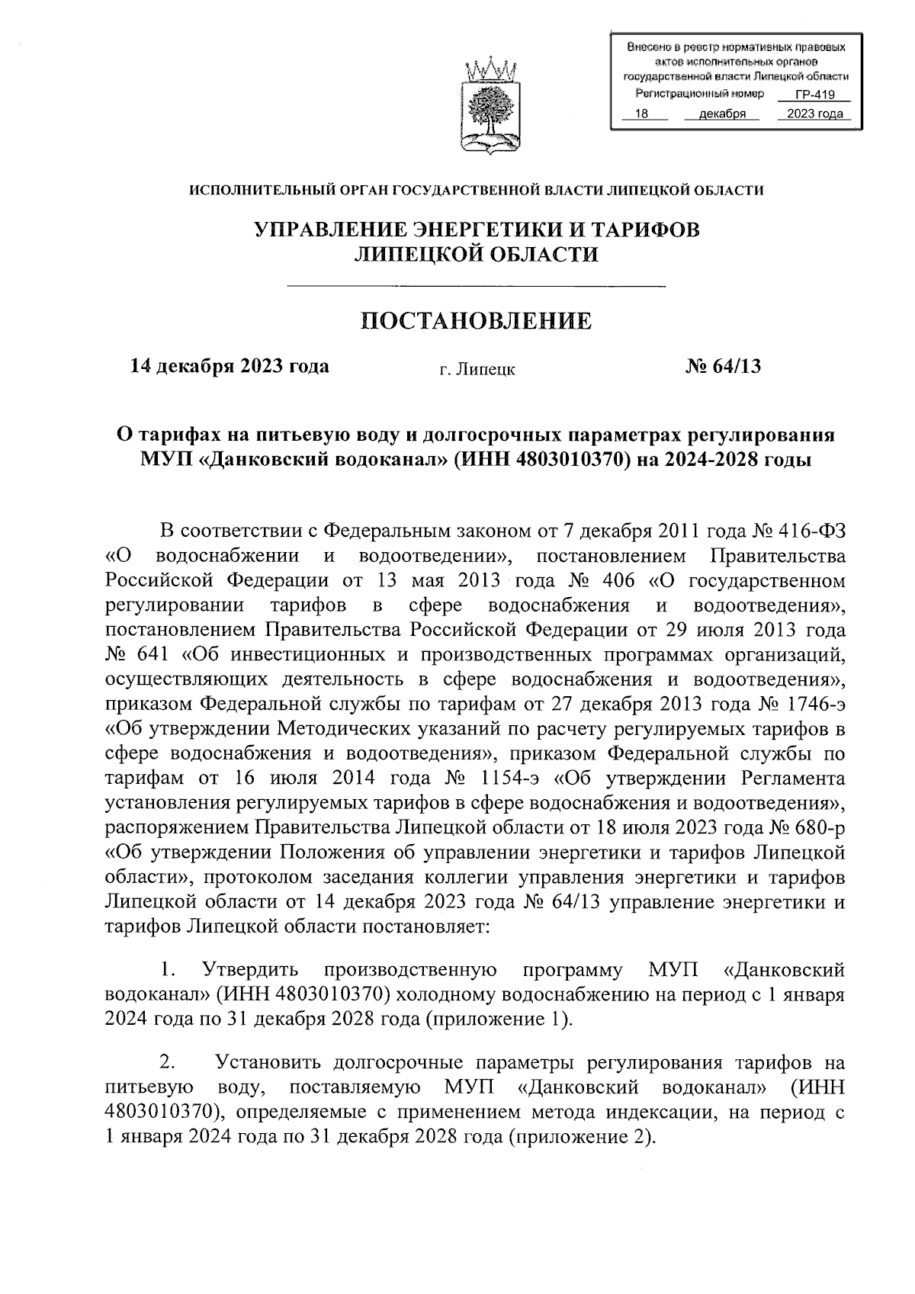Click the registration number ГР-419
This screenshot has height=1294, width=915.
(x=814, y=95)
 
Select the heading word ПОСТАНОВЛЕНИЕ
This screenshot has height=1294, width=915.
(x=476, y=321)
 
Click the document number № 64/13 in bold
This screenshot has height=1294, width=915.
(x=723, y=367)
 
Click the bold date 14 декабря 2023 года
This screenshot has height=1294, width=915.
(x=230, y=367)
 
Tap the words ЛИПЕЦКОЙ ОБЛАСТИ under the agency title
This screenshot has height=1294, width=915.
(x=476, y=255)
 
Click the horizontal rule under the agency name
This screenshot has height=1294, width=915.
(x=476, y=286)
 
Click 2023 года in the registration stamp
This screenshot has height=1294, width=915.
(x=814, y=114)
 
